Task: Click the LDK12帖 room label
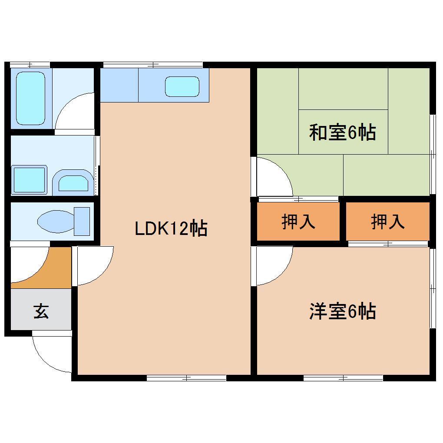pyautogui.click(x=171, y=228)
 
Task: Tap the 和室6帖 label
pyautogui.click(x=342, y=132)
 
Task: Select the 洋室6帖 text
pyautogui.click(x=342, y=311)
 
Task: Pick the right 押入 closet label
pyautogui.click(x=387, y=222)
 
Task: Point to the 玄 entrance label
pyautogui.click(x=41, y=311)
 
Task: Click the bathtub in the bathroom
pyautogui.click(x=30, y=98)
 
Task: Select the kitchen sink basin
pyautogui.click(x=182, y=86)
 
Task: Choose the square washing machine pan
pyautogui.click(x=29, y=180)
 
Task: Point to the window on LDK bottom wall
pyautogui.click(x=186, y=378)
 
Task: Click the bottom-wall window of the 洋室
pyautogui.click(x=343, y=378)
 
